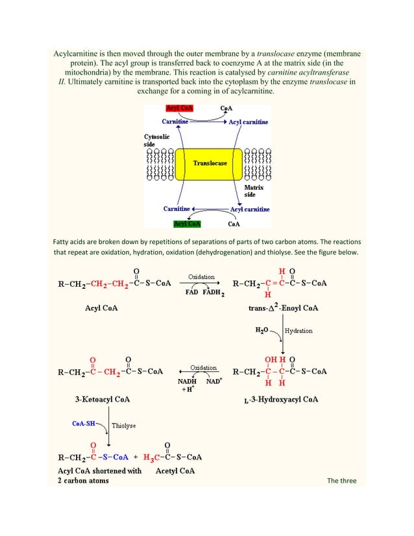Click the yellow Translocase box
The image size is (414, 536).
coord(210,164)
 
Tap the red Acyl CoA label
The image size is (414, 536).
coord(180,108)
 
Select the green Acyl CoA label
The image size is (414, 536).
coord(187,224)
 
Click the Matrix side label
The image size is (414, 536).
coord(254,191)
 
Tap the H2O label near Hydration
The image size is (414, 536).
coord(262,330)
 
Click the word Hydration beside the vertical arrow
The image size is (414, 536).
coord(298,330)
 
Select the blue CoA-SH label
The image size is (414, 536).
coord(84,423)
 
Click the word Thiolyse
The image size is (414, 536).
coord(124,426)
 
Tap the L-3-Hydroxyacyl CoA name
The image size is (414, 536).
coord(281,399)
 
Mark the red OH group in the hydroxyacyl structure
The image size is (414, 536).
coord(271,359)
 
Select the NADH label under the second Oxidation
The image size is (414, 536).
coord(188,381)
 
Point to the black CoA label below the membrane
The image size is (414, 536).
coord(234,225)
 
